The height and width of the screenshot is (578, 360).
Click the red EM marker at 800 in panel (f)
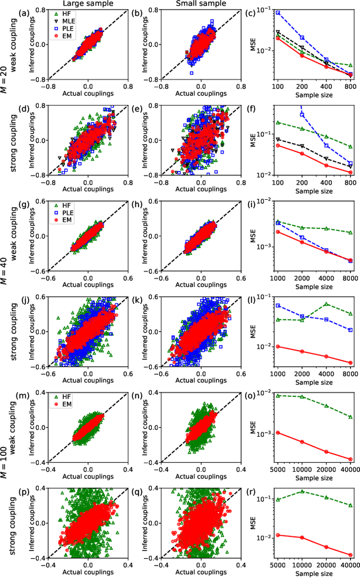pos(350,172)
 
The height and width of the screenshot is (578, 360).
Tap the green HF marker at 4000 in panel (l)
pos(326,304)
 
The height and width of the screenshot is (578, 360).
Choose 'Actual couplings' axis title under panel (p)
pos(88,571)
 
